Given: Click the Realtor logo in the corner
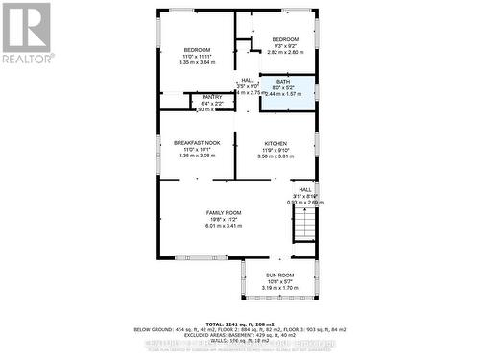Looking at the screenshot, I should tap(27, 33).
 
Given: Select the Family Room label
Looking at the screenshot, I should tap(223, 212).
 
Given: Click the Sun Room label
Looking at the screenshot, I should tap(279, 275).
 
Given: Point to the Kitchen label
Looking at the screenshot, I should tap(276, 143).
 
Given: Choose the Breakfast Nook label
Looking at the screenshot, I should tap(197, 143).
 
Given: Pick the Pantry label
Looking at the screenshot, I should tap(210, 97).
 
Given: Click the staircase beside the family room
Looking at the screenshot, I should tap(303, 227).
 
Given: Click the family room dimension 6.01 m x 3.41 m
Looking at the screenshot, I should tap(223, 225).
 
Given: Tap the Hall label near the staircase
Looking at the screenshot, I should tap(305, 189).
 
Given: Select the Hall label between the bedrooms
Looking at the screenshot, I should tap(248, 80).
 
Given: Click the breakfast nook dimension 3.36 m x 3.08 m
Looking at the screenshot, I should tap(197, 155).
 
